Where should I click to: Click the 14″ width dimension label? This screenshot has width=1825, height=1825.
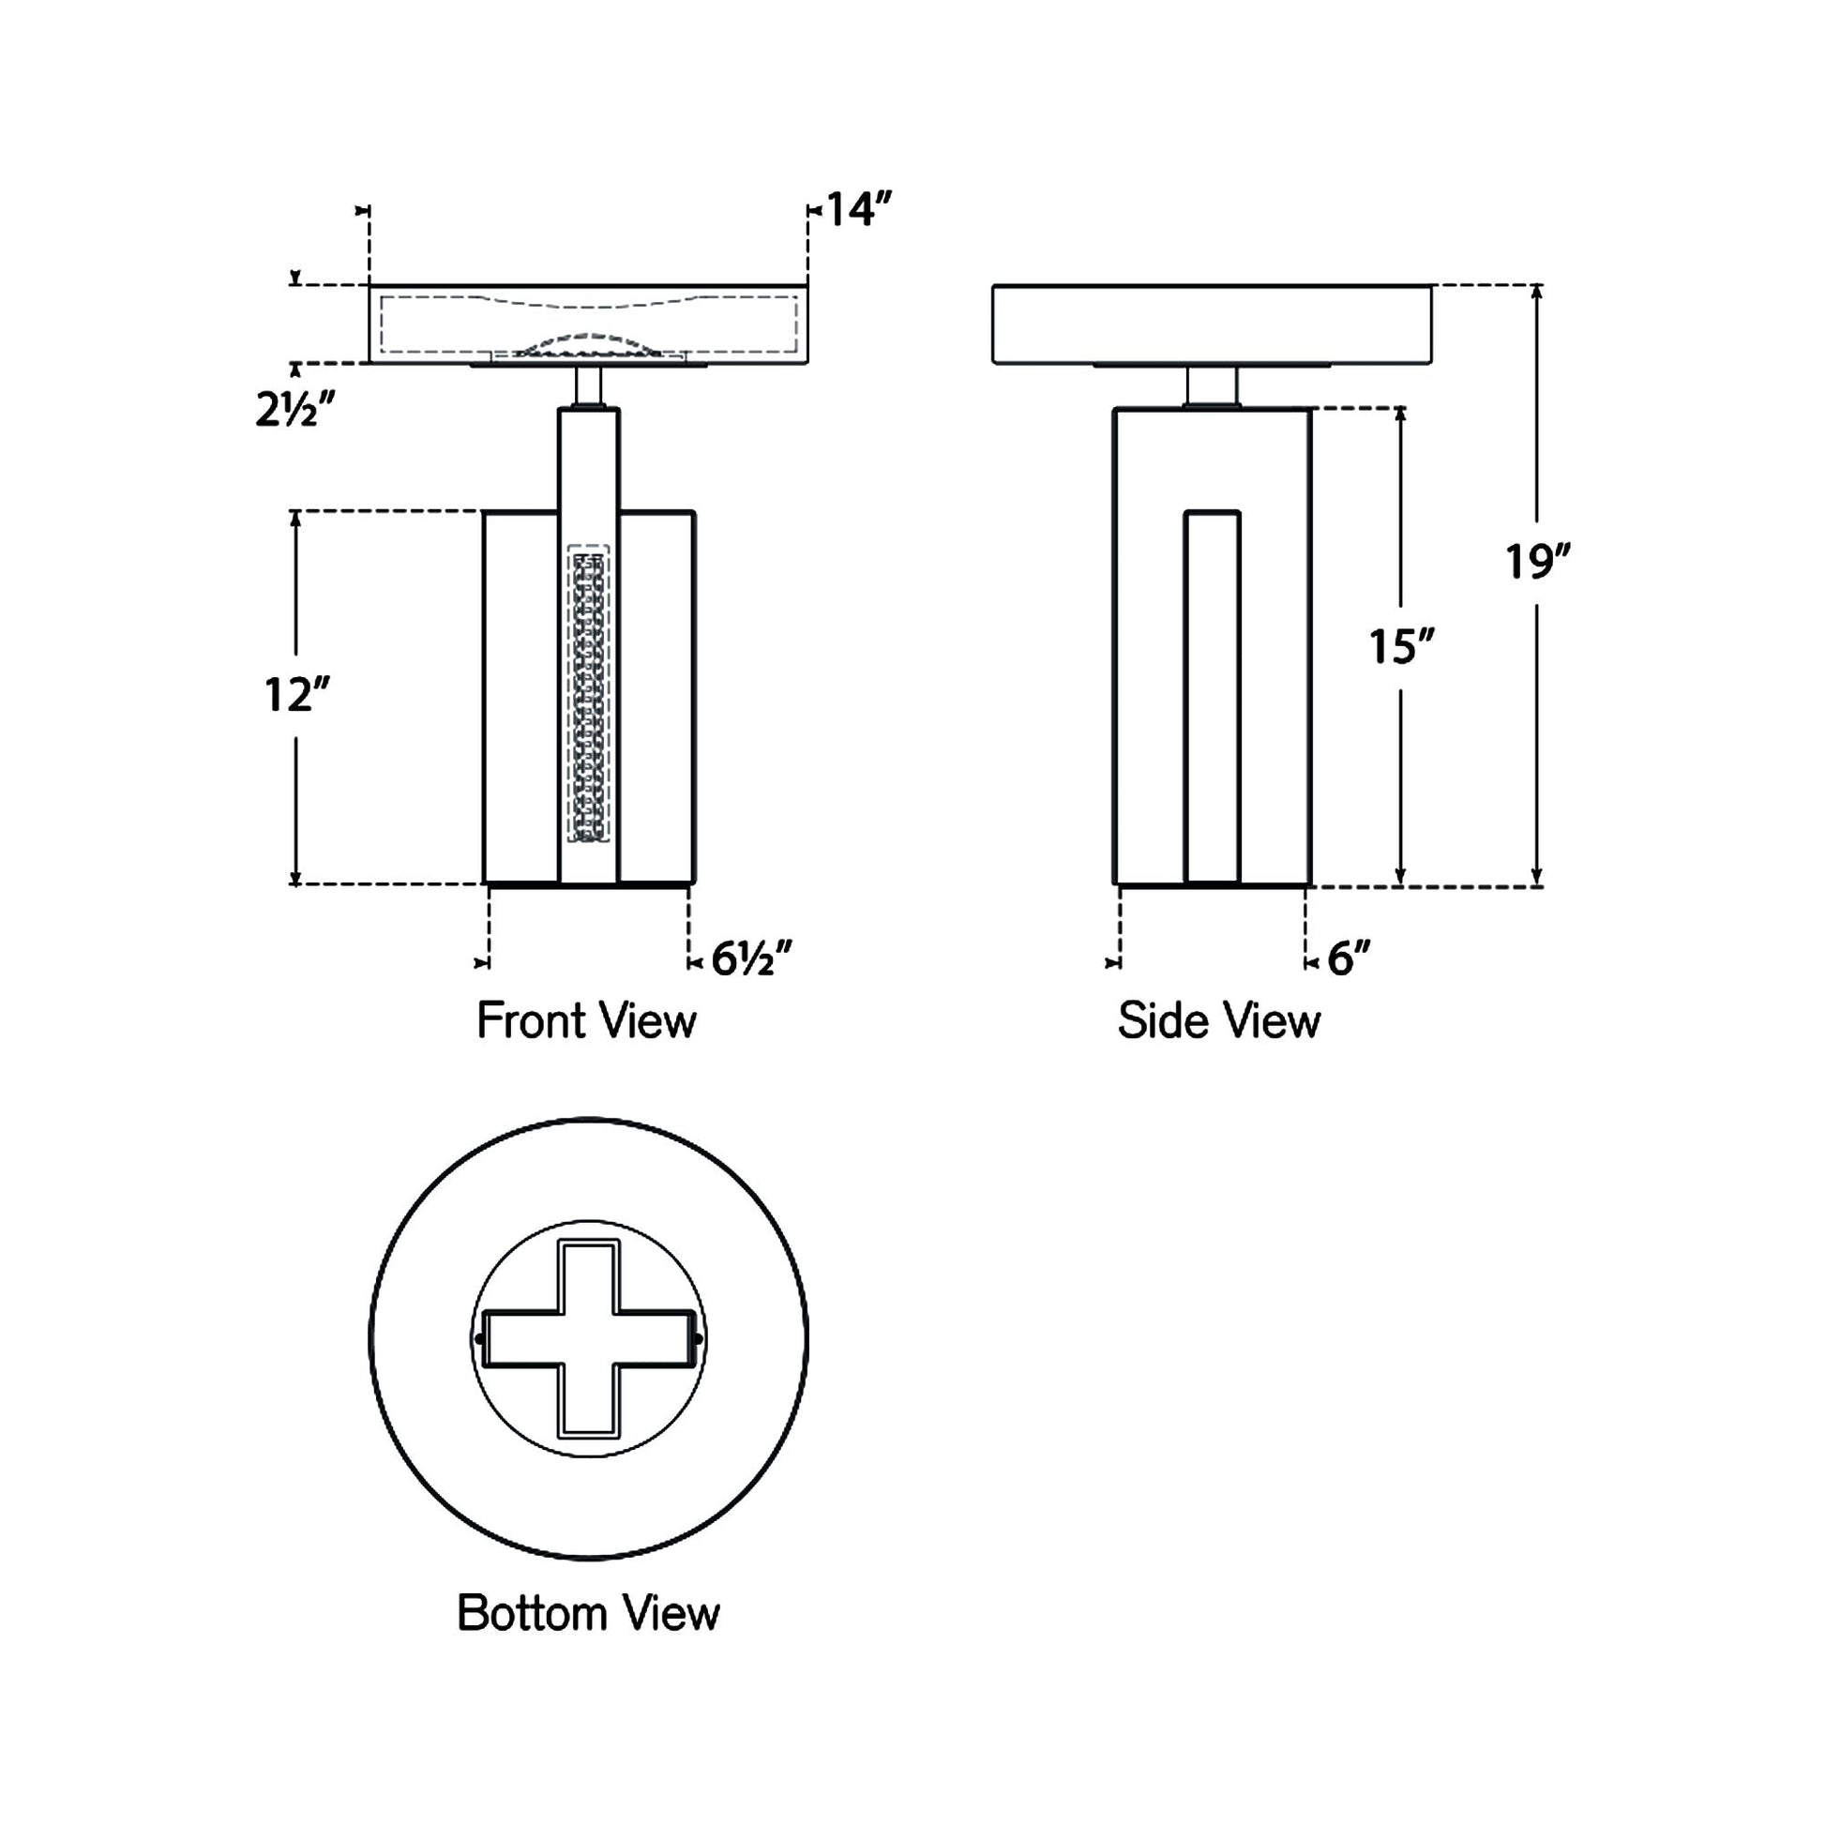[x=860, y=210]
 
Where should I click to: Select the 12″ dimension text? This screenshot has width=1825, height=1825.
[x=296, y=695]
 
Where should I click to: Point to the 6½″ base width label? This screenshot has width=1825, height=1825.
[x=751, y=959]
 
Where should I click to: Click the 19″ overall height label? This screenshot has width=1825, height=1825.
[x=1537, y=562]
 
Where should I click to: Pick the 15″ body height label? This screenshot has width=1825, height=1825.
[x=1402, y=647]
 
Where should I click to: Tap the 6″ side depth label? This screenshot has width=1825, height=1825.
[x=1348, y=959]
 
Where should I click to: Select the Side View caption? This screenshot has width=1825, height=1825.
[x=1218, y=1021]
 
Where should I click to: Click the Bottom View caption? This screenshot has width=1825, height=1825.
[x=588, y=1613]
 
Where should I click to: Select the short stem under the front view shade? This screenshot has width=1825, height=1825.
[x=589, y=385]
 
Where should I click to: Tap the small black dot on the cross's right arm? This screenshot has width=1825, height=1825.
[x=698, y=1339]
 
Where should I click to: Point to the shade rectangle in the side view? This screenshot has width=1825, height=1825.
[x=1212, y=324]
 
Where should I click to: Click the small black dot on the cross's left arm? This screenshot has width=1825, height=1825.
[x=480, y=1339]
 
